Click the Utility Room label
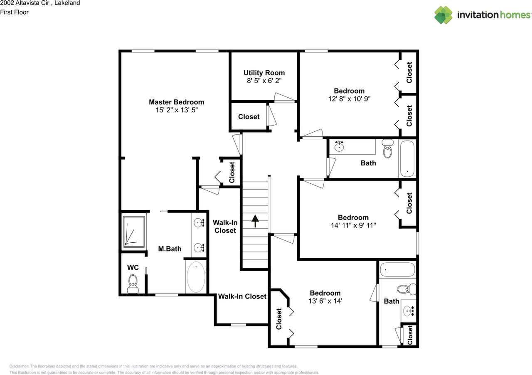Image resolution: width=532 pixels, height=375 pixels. coord(264,73)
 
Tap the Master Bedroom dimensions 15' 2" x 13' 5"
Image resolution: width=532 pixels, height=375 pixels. coord(177,110)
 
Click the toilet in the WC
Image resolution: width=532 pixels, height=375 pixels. coord(133,284)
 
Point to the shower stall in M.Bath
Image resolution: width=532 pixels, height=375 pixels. coord(134,232)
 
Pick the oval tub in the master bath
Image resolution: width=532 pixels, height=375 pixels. coord(196,277)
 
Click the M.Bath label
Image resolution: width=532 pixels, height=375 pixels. coord(170,249)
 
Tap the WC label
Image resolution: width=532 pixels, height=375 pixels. coord(133,268)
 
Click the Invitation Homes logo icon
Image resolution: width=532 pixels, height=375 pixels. coord(443,15)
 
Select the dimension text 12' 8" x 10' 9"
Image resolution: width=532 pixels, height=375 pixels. coord(350,99)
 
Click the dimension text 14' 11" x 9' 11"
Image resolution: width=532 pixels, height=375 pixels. coord(353,225)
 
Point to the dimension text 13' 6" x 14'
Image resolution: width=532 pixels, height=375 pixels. coord(325,301)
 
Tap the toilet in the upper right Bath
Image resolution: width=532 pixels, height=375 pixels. coord(387,149)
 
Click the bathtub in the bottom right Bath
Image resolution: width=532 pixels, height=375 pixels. coord(397,270)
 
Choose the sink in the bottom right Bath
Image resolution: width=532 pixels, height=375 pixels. coord(409,311)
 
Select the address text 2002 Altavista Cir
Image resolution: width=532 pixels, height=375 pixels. coord(25,3)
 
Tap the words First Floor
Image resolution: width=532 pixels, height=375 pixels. coord(14,12)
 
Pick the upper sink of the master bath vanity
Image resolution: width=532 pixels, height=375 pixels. coord(199,223)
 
